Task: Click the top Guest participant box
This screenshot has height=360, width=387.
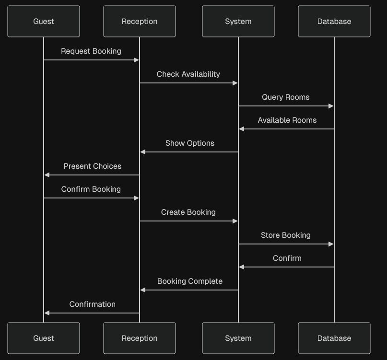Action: [44, 22]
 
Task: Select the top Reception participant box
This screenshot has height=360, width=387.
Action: [140, 22]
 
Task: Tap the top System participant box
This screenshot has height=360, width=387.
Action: [238, 22]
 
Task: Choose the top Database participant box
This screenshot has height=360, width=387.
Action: [334, 22]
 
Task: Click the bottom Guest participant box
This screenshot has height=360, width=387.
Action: [44, 338]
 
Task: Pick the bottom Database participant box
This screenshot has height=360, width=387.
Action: [334, 338]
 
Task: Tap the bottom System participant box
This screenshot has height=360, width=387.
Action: [238, 338]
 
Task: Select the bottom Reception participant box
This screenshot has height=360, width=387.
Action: [140, 338]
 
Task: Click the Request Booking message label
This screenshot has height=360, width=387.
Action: [91, 51]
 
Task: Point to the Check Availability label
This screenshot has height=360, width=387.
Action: [188, 74]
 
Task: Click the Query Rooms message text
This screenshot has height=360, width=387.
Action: [286, 97]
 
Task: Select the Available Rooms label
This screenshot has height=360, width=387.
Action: [287, 120]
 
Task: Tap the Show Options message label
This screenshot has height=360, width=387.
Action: [190, 143]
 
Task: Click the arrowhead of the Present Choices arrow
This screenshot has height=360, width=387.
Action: [47, 175]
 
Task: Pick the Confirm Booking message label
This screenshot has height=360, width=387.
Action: [91, 189]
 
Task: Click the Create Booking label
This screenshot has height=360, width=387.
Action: [188, 212]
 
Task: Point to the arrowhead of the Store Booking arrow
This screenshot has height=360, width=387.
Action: [330, 244]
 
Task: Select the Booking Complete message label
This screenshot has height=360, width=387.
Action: [190, 281]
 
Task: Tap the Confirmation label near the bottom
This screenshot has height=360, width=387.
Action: [93, 304]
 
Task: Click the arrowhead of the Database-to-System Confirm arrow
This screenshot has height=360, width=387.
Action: [242, 267]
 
